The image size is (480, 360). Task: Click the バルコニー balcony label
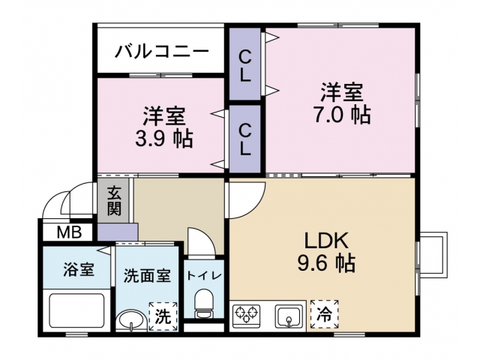click(x=160, y=52)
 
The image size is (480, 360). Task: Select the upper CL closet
click(x=244, y=65)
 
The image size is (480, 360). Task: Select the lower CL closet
click(x=244, y=139)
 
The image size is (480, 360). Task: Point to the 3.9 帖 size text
click(x=164, y=138)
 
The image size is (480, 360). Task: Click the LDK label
click(x=325, y=241)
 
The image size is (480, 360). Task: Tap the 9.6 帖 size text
click(x=325, y=263)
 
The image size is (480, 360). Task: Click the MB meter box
click(x=69, y=232)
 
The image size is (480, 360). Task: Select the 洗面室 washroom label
click(x=147, y=275)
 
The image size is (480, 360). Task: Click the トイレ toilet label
click(x=203, y=275)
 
